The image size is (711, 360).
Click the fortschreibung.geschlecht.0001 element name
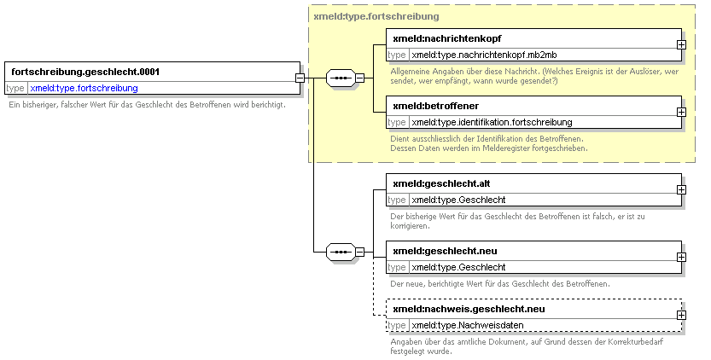pyautogui.click(x=85, y=72)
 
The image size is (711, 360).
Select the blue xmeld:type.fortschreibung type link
pyautogui.click(x=84, y=88)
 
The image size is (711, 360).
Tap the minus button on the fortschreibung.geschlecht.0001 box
pyautogui.click(x=300, y=78)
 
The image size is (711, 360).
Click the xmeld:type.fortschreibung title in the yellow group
pyautogui.click(x=376, y=17)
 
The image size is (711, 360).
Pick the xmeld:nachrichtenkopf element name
pyautogui.click(x=447, y=38)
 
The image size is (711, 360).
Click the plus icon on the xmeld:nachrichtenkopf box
pyautogui.click(x=681, y=45)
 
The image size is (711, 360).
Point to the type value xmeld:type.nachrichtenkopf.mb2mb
pyautogui.click(x=484, y=55)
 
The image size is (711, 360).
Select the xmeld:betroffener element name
pyautogui.click(x=436, y=106)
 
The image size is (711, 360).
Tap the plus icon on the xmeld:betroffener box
pyautogui.click(x=681, y=112)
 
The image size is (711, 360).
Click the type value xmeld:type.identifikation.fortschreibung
pyautogui.click(x=492, y=123)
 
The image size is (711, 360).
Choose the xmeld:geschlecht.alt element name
pyautogui.click(x=441, y=183)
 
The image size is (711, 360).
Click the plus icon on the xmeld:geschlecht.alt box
pyautogui.click(x=681, y=189)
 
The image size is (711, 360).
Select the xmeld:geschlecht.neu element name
pyautogui.click(x=445, y=251)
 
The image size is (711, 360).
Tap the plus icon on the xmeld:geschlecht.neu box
pyautogui.click(x=681, y=257)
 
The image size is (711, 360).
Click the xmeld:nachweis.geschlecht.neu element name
pyautogui.click(x=469, y=309)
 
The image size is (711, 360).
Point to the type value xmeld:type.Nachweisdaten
pyautogui.click(x=468, y=326)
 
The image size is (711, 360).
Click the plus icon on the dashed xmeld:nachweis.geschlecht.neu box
pyautogui.click(x=681, y=315)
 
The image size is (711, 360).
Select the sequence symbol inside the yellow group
pyautogui.click(x=341, y=78)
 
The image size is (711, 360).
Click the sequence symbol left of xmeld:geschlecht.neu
pyautogui.click(x=341, y=252)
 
